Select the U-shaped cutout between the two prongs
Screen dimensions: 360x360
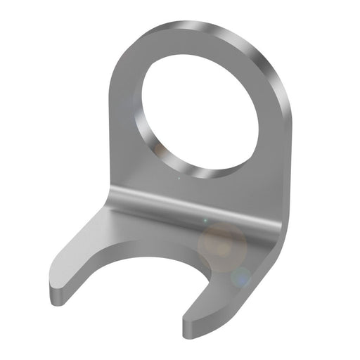coord(151,288)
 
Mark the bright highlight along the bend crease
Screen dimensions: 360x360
coord(197,204)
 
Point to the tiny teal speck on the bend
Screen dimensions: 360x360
coord(205,220)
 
